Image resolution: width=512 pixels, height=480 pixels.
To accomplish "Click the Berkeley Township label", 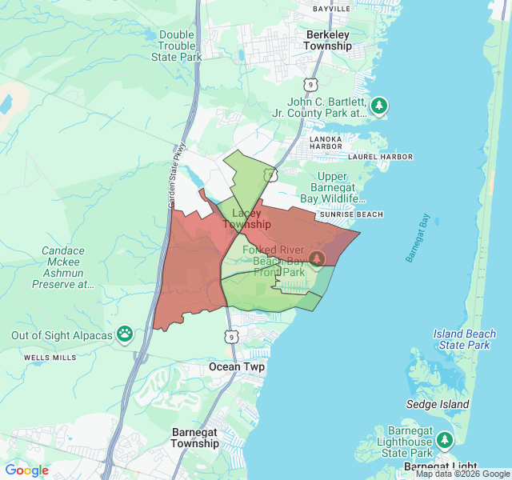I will (327, 40).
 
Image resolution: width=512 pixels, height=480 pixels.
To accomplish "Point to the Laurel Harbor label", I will (380, 157).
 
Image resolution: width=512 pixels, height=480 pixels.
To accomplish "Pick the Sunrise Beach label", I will (350, 214).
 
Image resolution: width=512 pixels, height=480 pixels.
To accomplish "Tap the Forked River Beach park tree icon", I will (317, 258).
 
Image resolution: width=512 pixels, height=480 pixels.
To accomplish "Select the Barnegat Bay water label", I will (418, 238).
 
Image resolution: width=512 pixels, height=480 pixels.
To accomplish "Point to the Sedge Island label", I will (437, 405).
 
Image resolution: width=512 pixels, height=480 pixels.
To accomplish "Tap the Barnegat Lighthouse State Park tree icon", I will (445, 439).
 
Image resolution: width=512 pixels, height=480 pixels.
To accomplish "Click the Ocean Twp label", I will (237, 366).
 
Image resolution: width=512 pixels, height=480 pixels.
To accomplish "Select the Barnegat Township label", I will (195, 438).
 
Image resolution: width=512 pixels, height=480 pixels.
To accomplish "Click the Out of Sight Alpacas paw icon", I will (124, 333).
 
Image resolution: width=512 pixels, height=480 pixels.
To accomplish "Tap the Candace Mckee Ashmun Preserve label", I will (63, 267).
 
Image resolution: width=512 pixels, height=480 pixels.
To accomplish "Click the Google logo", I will (27, 470).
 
